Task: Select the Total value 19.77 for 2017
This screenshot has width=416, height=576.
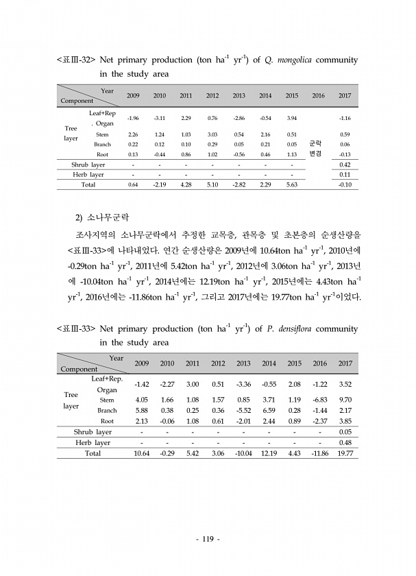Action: tap(346, 453)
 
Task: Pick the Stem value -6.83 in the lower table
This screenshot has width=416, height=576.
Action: tap(320, 399)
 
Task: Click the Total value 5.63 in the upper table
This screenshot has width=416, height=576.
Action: tap(291, 184)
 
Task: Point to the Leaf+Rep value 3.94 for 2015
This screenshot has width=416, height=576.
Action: tap(291, 118)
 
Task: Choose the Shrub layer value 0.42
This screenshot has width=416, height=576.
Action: tap(345, 165)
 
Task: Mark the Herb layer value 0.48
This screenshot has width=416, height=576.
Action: tap(345, 442)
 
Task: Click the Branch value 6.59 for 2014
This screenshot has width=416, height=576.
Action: tap(269, 410)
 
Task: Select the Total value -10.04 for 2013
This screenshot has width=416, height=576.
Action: tap(243, 453)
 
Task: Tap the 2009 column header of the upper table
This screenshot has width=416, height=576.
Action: tap(133, 95)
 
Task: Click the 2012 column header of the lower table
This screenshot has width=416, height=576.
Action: tap(218, 363)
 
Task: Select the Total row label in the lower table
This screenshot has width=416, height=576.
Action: tap(92, 453)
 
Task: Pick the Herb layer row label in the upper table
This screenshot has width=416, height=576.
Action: tap(88, 175)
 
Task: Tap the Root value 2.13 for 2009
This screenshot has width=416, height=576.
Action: tap(142, 421)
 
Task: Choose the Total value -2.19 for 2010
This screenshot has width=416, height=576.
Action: tap(159, 184)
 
